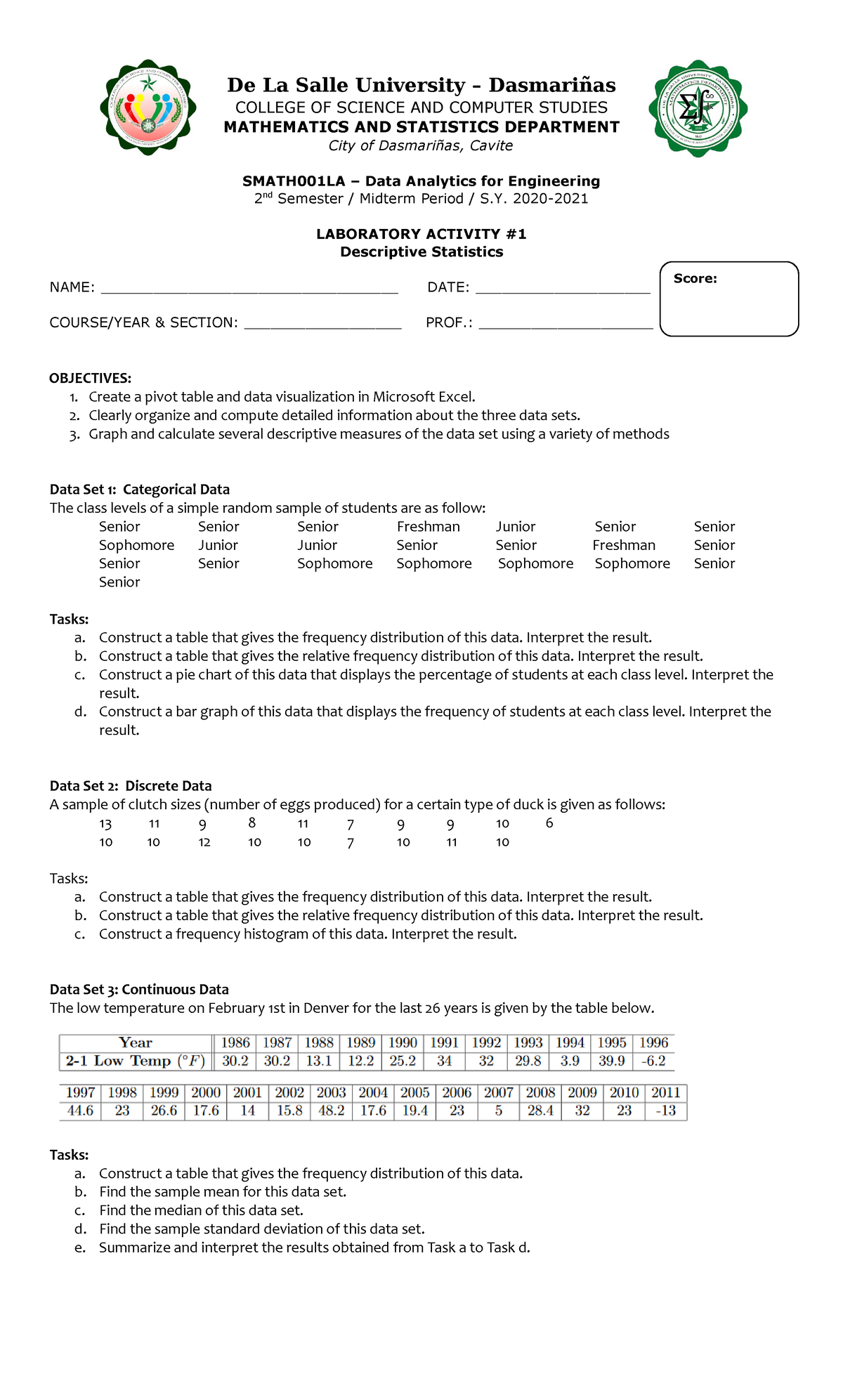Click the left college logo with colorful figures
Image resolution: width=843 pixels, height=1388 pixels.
coord(148,107)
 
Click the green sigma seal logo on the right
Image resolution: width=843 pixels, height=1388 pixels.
coord(698,108)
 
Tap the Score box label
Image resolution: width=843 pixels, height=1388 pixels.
coord(695,279)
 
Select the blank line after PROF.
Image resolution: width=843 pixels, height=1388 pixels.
coord(566,325)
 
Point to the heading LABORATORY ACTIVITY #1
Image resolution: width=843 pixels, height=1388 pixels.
coord(421,234)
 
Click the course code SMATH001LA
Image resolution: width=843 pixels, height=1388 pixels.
coord(294,181)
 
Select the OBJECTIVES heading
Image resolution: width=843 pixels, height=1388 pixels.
coord(90,379)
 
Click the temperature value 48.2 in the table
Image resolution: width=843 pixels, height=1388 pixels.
coord(331,1111)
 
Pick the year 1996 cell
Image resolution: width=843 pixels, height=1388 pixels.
coord(653,1042)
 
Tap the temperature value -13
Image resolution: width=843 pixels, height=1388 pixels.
coord(665,1111)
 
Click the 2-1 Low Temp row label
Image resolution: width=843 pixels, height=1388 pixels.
coord(135,1061)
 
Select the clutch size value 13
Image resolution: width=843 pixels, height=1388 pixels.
coord(105,824)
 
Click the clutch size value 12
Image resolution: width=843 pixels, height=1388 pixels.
coord(204,842)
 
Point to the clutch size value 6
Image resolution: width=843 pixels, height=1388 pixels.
coord(549,823)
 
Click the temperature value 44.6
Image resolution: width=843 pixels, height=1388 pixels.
coord(80,1111)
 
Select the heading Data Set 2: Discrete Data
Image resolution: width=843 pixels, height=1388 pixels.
coord(131,786)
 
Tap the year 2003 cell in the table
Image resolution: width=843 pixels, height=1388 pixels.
coord(331,1092)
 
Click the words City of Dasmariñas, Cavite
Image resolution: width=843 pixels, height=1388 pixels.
coord(421,145)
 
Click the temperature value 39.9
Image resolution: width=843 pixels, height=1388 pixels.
coord(611,1061)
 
